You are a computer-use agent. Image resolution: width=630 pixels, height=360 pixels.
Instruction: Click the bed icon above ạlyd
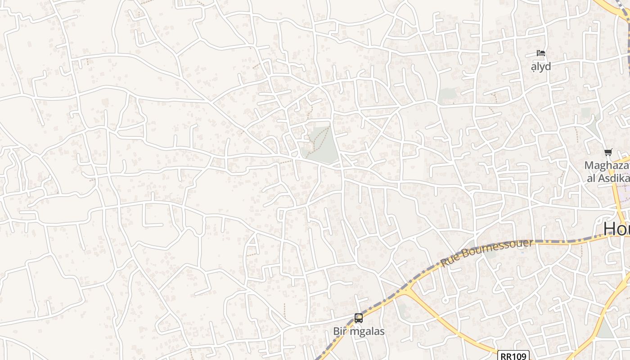(541, 54)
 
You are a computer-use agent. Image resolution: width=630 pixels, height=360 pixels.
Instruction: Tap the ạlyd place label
(541, 67)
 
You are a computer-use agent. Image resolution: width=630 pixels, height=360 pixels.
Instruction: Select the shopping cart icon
(608, 153)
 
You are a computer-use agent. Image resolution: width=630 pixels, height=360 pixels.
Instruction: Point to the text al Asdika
(607, 178)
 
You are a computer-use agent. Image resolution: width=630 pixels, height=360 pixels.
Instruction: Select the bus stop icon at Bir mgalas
(359, 318)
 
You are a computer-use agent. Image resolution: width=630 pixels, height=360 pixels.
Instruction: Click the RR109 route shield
(513, 356)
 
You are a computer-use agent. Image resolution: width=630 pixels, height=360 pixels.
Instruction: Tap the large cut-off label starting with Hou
(616, 229)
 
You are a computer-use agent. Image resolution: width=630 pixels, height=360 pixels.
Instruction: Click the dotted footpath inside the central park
(320, 139)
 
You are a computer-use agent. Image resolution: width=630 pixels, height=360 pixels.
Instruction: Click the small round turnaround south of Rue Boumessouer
(445, 300)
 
